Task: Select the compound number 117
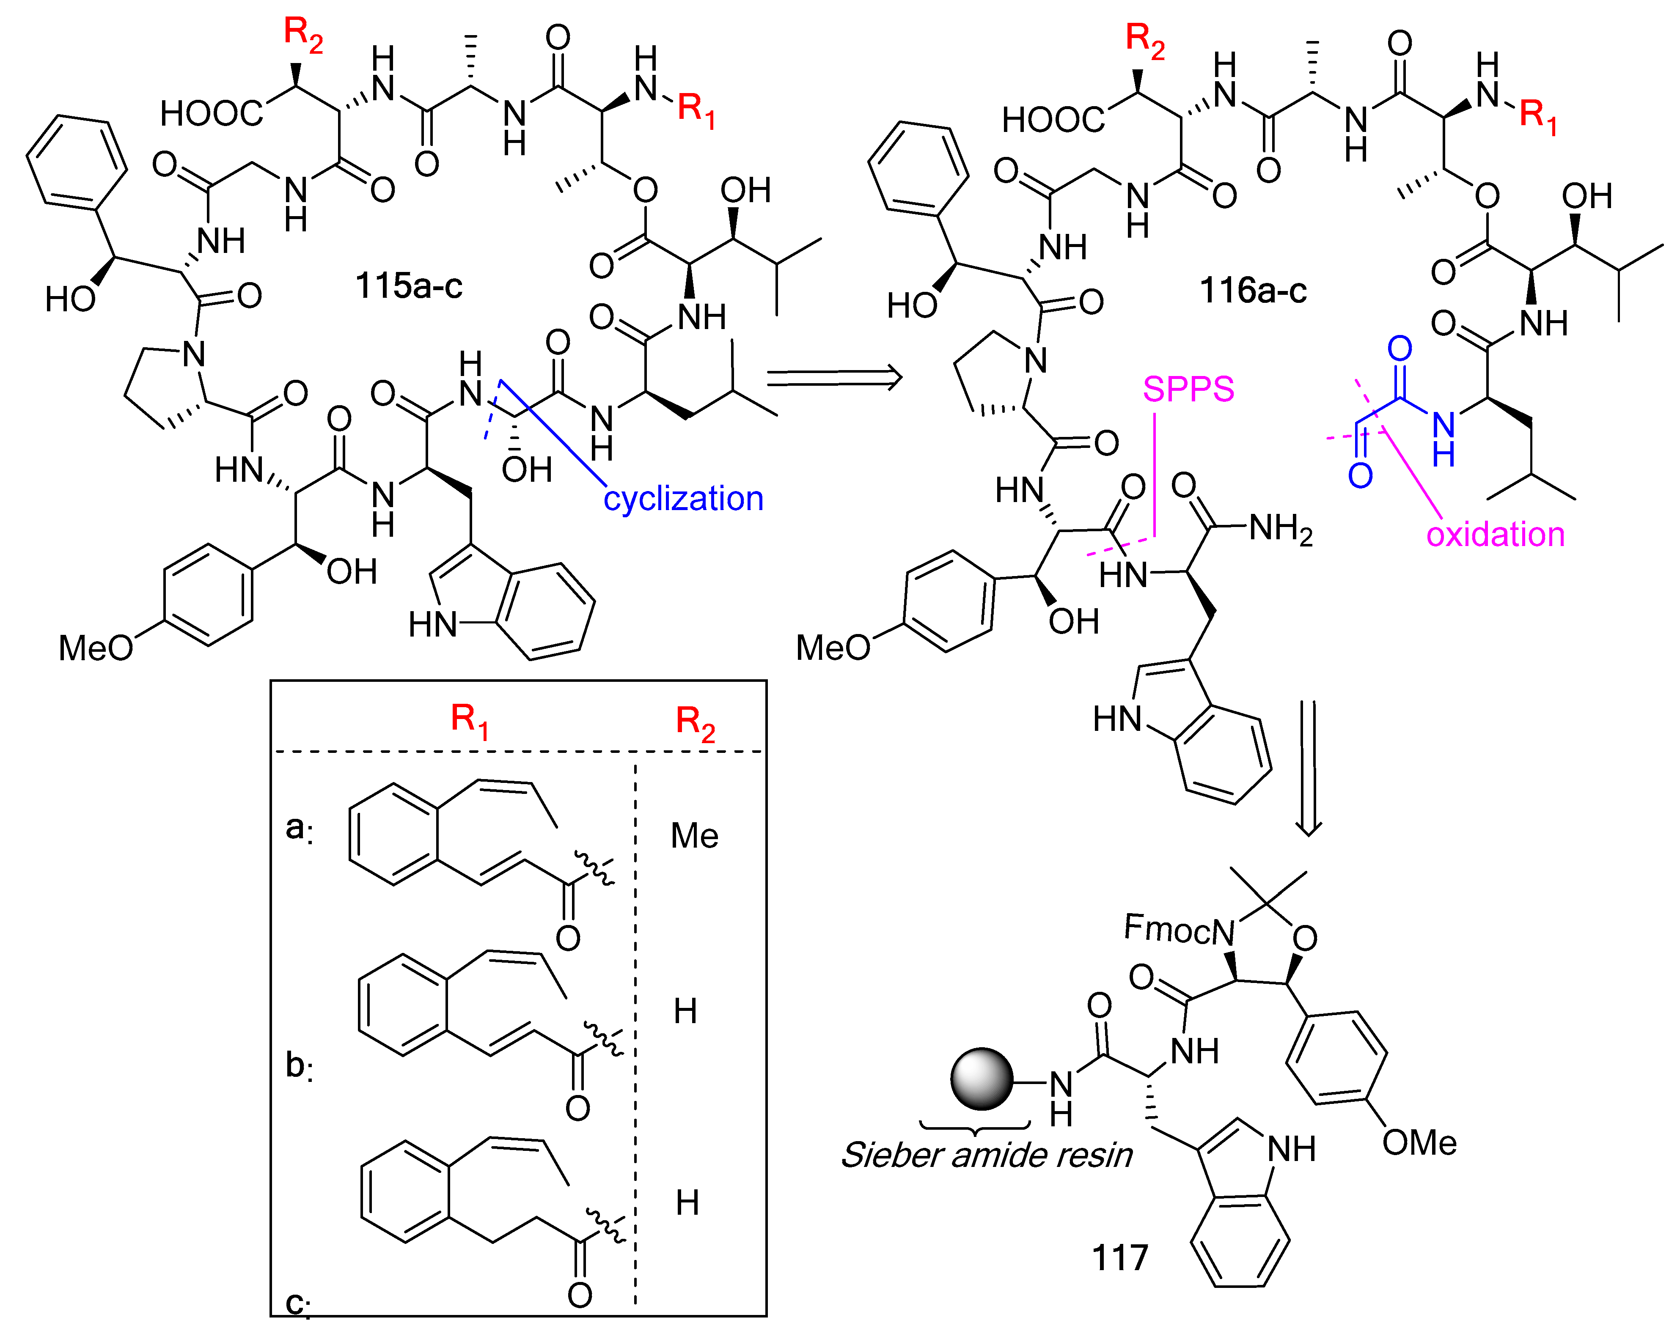pos(1120,1257)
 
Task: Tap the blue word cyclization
pos(683,499)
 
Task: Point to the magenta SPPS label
pos(1188,389)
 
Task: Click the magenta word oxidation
pos(1495,535)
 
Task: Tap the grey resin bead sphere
pos(981,1079)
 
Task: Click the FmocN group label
pos(1179,930)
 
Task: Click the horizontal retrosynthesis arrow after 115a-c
pos(834,379)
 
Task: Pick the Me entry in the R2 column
pos(694,836)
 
